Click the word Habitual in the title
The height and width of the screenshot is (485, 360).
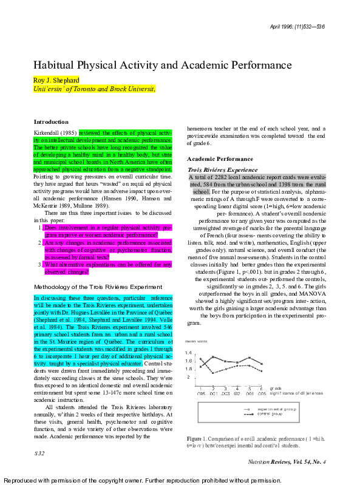point(54,65)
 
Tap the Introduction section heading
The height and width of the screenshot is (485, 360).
point(51,122)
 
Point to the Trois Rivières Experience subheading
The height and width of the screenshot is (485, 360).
point(223,170)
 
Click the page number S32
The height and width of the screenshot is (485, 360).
point(39,453)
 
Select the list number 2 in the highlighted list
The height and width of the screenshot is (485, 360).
point(40,243)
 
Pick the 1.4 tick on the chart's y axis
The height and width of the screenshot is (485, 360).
point(189,353)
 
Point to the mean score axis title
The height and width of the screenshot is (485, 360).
point(197,342)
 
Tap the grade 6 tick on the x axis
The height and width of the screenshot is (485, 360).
point(261,388)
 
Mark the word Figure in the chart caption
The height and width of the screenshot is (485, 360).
point(194,438)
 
